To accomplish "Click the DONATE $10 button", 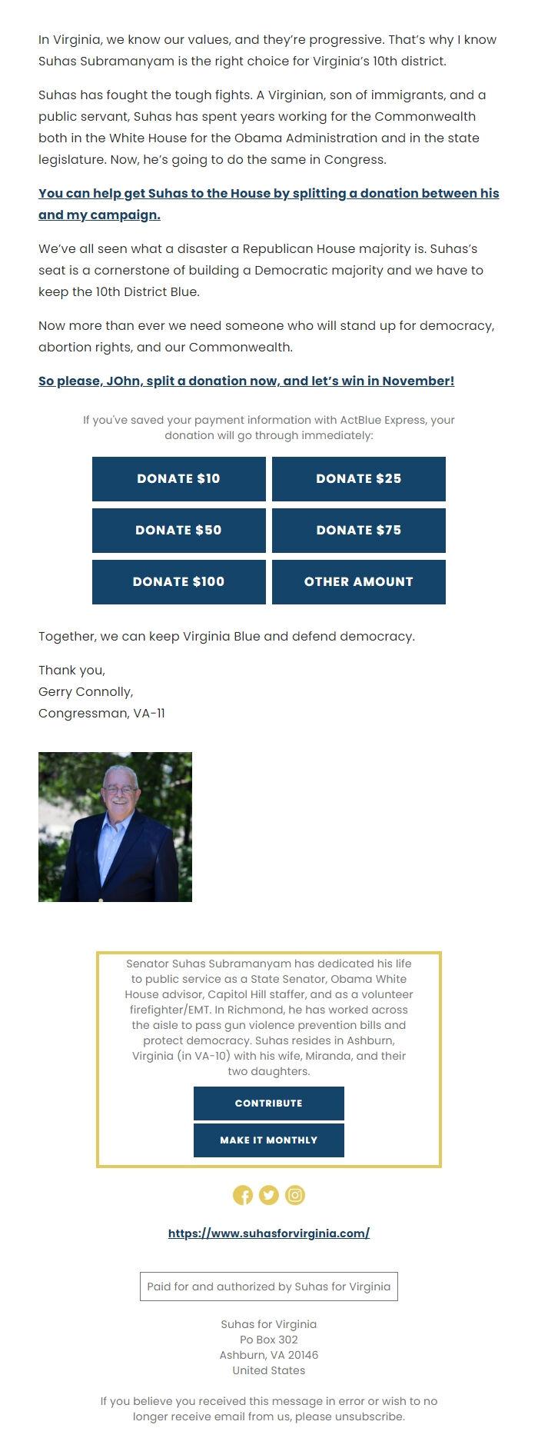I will (178, 478).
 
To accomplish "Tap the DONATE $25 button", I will (358, 478).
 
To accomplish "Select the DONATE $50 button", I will (178, 530).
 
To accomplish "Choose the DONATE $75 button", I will (358, 530).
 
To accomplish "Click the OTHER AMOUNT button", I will (358, 581).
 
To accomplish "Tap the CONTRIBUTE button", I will (268, 1103).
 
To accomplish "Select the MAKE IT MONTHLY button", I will (268, 1140).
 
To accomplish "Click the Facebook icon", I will (242, 1195).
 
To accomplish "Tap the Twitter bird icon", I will (268, 1195).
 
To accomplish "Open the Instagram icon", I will (295, 1195).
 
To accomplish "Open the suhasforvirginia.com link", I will (268, 1233).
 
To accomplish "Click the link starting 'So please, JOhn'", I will (246, 381).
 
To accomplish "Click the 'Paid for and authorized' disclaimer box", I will (268, 1287).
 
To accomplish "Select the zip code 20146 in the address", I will (303, 1355).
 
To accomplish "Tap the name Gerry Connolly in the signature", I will (85, 691).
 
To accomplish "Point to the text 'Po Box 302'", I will (268, 1340).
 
